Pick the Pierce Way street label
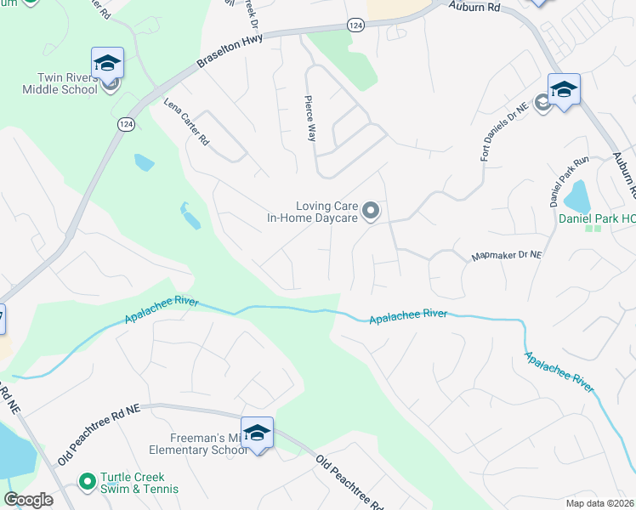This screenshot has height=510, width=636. [311, 119]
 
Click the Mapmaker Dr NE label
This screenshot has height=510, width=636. [507, 256]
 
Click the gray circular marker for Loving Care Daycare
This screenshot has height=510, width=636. [371, 210]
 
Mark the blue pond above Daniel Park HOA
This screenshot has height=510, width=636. [578, 197]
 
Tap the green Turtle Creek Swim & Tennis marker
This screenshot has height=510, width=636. [86, 482]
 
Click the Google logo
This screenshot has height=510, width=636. [28, 500]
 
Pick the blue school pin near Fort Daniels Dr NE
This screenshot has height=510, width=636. [564, 89]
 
